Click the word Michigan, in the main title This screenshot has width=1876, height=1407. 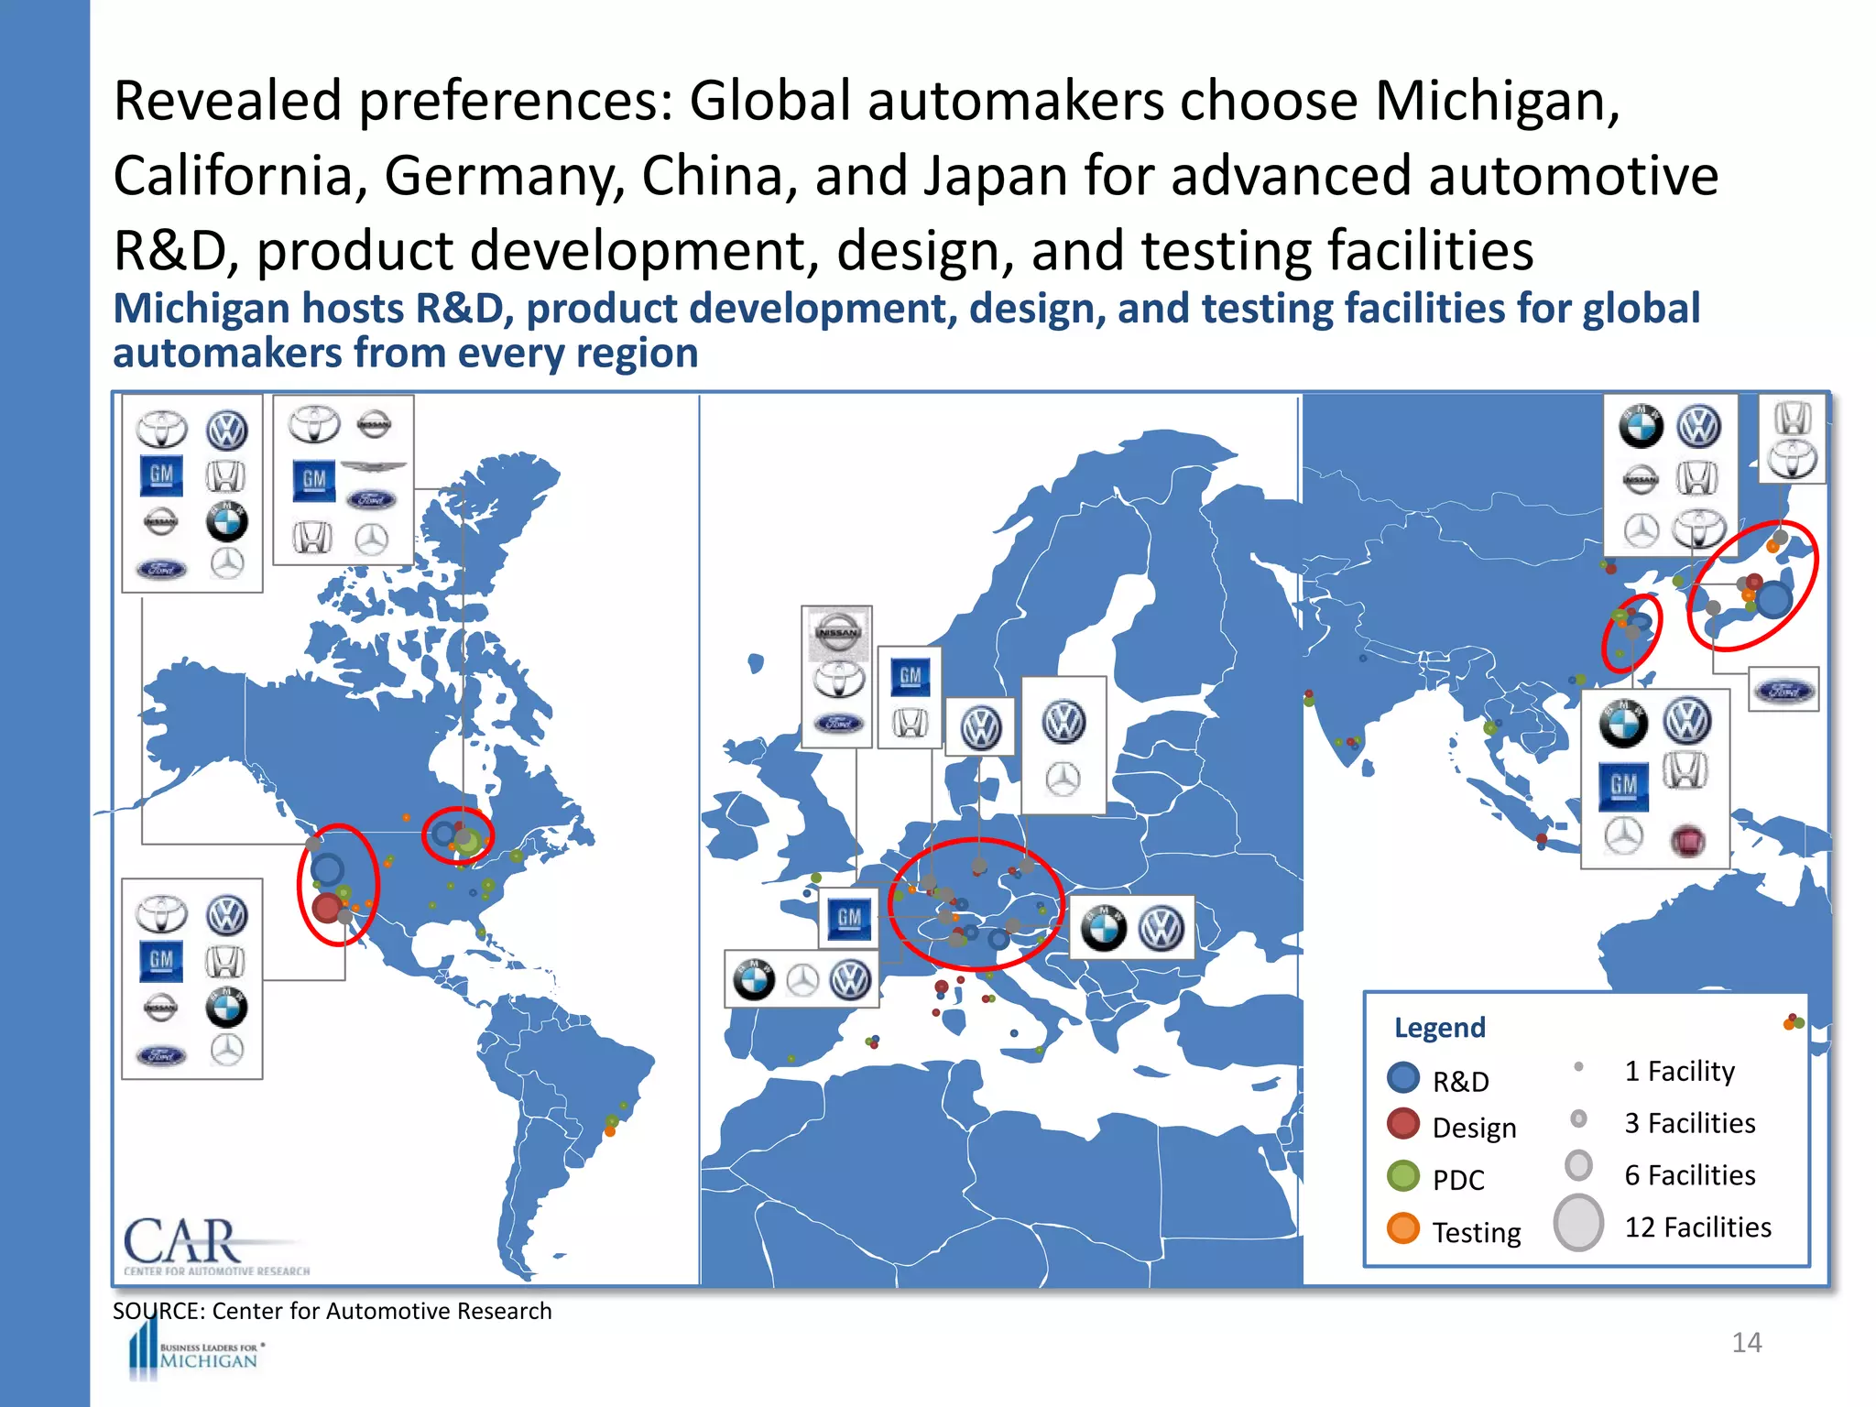1496,101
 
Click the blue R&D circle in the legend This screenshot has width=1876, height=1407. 1403,1078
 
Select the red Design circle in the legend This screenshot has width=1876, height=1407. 1403,1124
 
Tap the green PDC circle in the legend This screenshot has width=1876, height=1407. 1403,1176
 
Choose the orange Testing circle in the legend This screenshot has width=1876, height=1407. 1403,1228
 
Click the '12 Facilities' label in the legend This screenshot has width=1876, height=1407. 1697,1227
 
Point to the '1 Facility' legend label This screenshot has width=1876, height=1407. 1679,1071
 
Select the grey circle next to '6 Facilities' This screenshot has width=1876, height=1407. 1578,1166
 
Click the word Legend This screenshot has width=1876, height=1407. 1439,1028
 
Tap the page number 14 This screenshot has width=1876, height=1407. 1746,1343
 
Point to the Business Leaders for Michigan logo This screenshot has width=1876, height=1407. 198,1355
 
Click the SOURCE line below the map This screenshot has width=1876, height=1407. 332,1311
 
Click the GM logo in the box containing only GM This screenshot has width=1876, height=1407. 848,919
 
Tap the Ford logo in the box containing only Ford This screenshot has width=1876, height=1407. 1783,690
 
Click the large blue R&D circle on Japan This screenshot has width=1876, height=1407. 1773,600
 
